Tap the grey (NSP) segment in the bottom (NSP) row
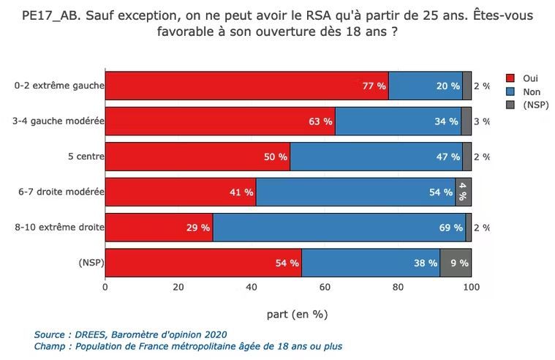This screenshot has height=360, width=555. click(456, 263)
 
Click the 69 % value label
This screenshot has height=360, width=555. click(450, 228)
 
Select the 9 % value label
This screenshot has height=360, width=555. click(459, 263)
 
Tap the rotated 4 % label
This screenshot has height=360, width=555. click(463, 192)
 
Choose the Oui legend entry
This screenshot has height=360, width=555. click(530, 78)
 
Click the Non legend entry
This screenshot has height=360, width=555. click(531, 91)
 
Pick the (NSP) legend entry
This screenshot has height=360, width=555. click(535, 105)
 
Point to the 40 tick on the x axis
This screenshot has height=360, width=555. click(252, 287)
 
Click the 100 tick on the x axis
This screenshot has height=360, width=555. click(471, 287)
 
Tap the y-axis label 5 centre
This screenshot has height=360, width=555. click(86, 157)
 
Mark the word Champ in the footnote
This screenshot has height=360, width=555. click(50, 346)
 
